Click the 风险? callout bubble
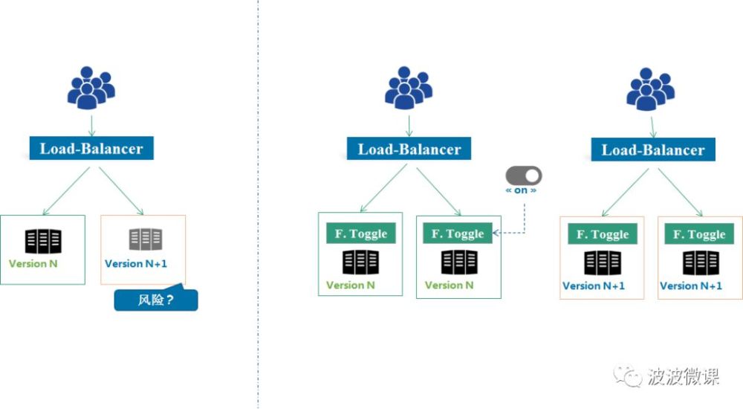[156, 300]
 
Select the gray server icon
[145, 239]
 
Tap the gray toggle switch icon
[524, 175]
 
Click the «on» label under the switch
[522, 190]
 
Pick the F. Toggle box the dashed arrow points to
[458, 234]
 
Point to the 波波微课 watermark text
[684, 377]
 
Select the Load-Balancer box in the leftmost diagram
[91, 149]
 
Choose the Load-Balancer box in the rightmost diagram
[653, 149]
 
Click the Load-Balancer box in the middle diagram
[409, 149]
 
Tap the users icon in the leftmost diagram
[91, 87]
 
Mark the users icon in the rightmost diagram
[651, 88]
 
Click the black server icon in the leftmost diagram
[43, 240]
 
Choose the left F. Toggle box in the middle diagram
[360, 234]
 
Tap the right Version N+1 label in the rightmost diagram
[691, 286]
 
